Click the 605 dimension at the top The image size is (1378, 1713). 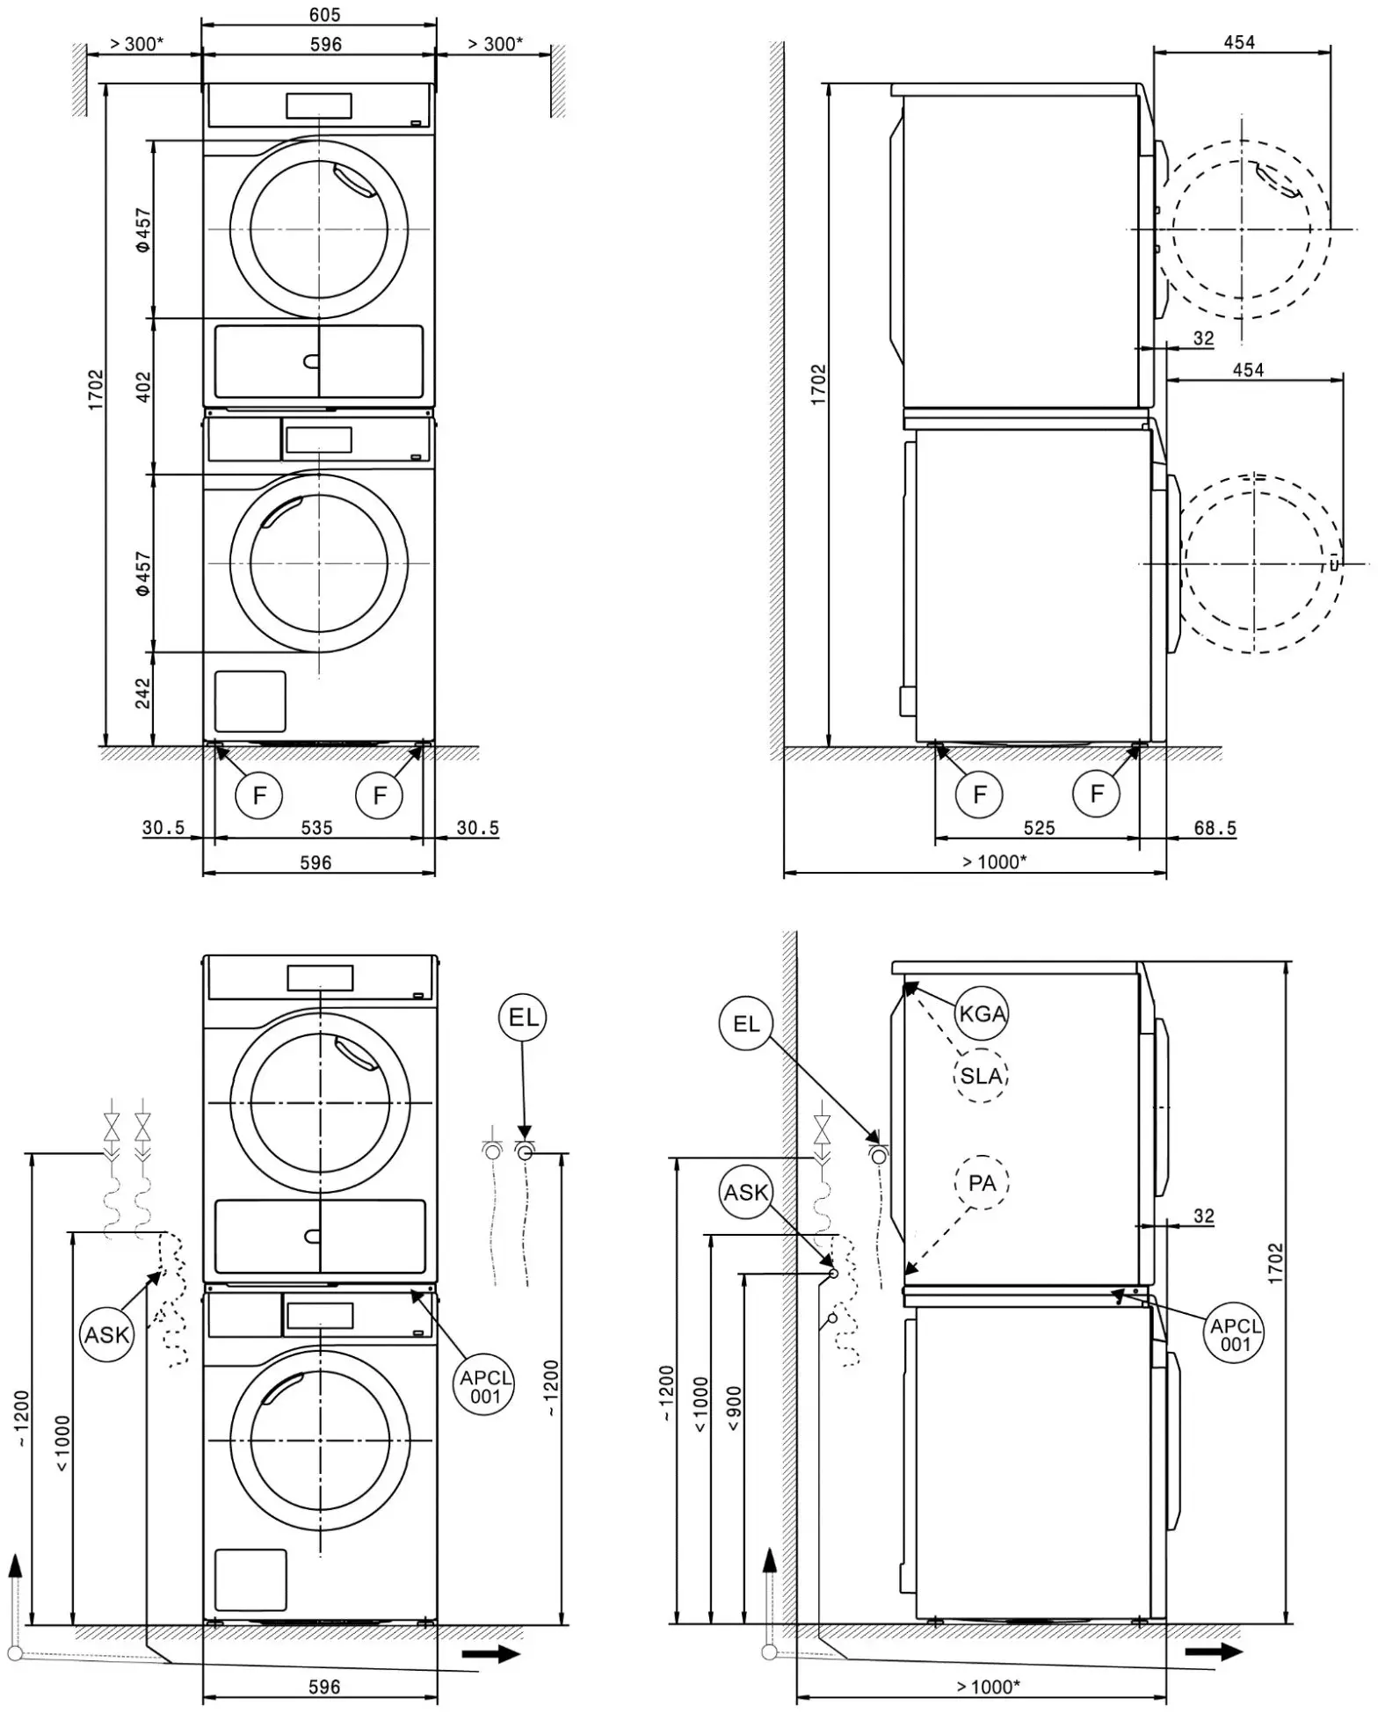(324, 14)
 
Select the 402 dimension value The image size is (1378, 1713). (143, 387)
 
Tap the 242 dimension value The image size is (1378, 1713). (143, 693)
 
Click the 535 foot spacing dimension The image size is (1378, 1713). (316, 827)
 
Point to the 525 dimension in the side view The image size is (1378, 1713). (1039, 827)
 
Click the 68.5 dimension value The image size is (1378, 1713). (1215, 828)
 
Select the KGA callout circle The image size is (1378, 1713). (981, 1013)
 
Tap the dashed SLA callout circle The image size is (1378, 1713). (980, 1075)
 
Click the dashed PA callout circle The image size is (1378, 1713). (981, 1183)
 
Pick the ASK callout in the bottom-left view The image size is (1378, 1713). (107, 1334)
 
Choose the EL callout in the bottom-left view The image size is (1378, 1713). (523, 1018)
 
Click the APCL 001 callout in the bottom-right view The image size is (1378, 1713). (1235, 1333)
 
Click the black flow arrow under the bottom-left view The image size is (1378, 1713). (490, 1653)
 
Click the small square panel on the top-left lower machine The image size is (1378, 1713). (250, 701)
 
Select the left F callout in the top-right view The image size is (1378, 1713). (979, 795)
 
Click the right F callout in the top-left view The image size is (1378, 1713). (379, 795)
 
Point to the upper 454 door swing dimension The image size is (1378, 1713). (1239, 42)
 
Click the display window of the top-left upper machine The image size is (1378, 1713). (318, 105)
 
